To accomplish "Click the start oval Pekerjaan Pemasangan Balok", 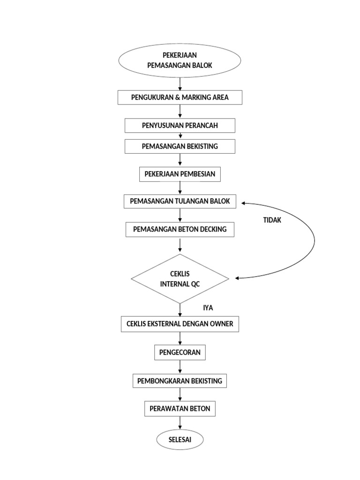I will [x=180, y=61].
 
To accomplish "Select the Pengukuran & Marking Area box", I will [x=180, y=97].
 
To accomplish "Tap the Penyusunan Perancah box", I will [x=180, y=126].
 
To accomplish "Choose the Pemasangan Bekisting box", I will [x=180, y=146].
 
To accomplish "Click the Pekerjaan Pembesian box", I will [x=180, y=174].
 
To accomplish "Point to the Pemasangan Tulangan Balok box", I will [x=180, y=201].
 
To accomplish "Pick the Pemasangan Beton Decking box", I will [x=180, y=229].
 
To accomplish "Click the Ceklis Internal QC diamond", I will [x=180, y=279].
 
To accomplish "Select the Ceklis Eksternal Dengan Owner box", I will [x=180, y=324].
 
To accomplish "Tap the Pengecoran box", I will [x=180, y=352].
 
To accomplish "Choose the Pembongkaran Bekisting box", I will [x=180, y=381].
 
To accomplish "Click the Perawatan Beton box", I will [x=180, y=409].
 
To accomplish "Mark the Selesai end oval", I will [x=180, y=440].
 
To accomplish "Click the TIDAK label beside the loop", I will [x=272, y=220].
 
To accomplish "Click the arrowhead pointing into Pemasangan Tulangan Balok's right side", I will [x=244, y=203].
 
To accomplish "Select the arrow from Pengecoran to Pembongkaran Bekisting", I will [x=180, y=367].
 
